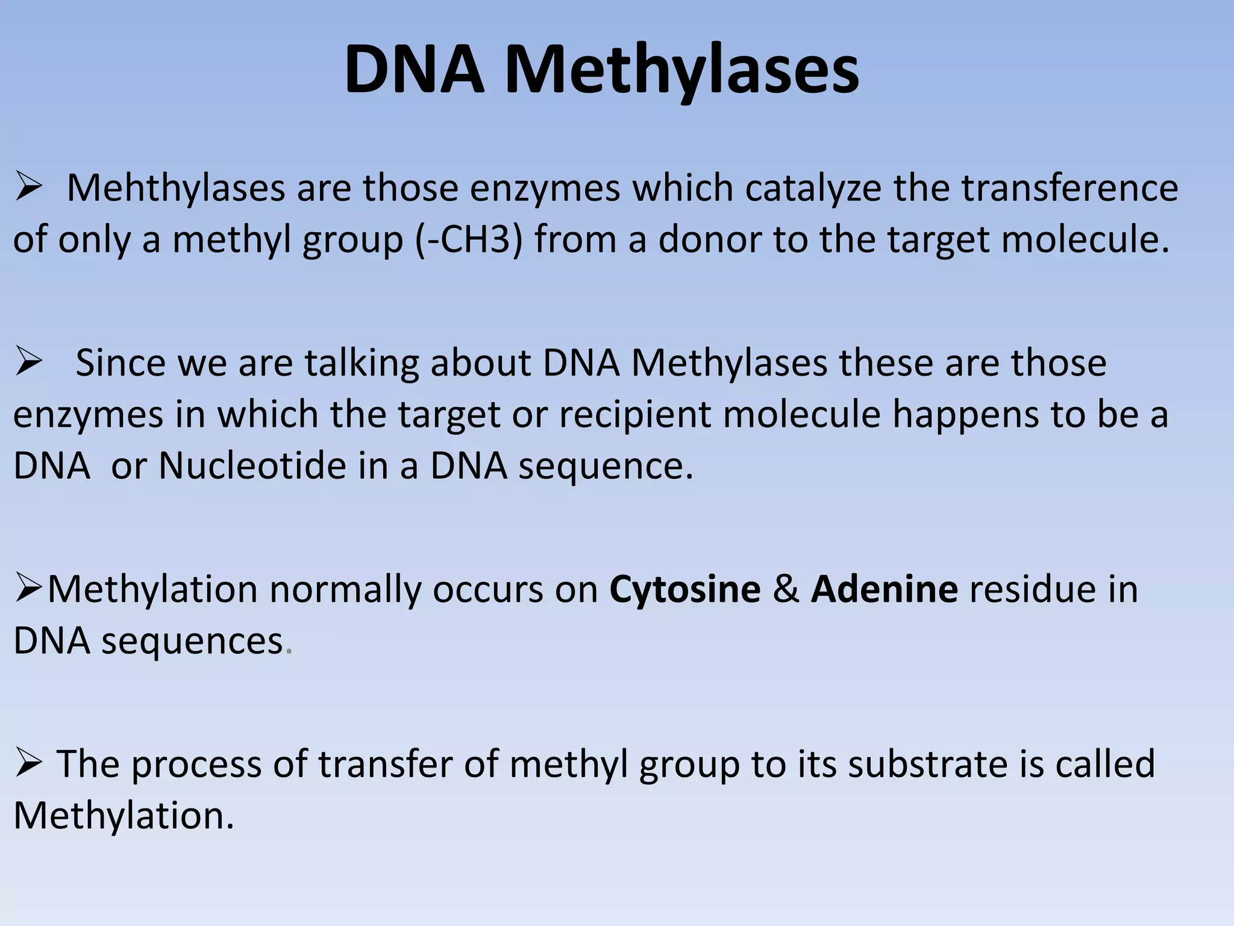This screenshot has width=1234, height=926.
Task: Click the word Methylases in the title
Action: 682,71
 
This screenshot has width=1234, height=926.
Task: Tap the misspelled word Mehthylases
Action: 175,188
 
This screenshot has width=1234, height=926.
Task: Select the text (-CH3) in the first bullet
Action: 469,239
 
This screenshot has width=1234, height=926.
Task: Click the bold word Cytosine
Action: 684,589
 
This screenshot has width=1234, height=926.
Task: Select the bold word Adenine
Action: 884,589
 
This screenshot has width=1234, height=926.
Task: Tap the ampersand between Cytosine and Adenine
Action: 786,589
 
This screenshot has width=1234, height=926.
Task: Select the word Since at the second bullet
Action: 121,363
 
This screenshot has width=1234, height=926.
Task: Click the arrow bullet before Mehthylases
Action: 28,188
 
